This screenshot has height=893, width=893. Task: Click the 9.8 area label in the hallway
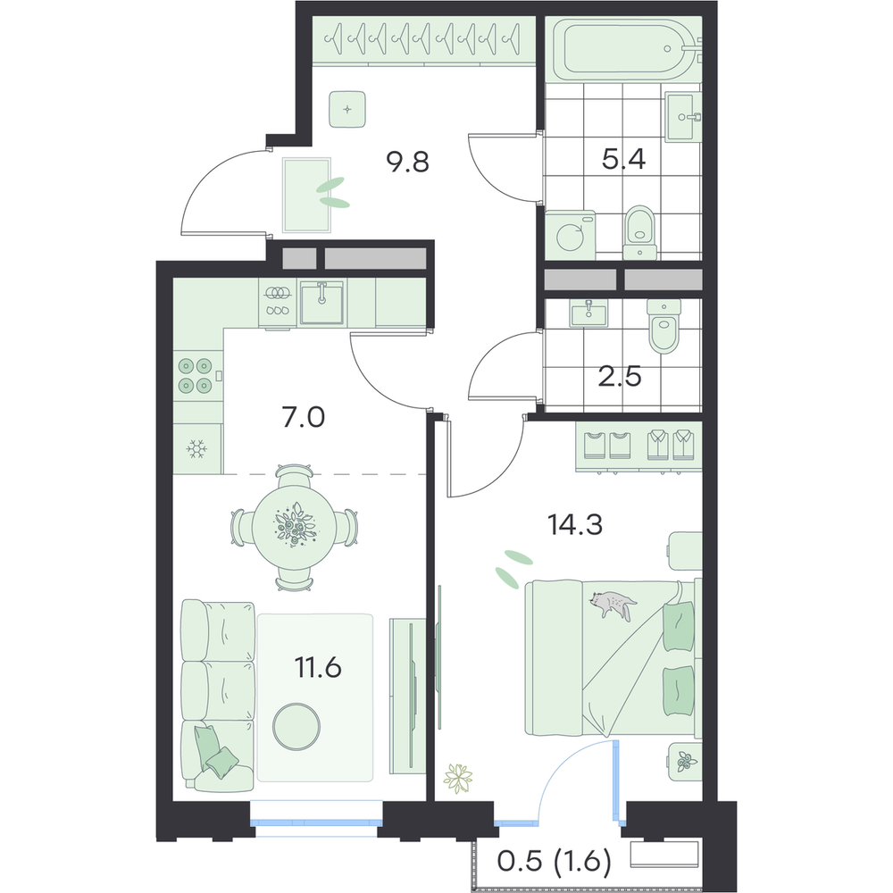click(407, 163)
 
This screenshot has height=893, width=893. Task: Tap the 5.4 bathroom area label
click(623, 160)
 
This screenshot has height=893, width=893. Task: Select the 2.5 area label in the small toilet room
click(620, 377)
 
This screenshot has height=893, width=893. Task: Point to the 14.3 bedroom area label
click(574, 524)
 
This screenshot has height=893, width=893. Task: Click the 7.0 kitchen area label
click(303, 417)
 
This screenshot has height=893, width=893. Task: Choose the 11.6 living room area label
click(318, 667)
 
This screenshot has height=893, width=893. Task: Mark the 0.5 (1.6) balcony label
click(555, 862)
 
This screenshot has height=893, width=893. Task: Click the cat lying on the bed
click(613, 605)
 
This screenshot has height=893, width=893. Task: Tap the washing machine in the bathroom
click(570, 236)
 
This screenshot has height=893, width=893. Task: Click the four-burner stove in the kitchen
click(196, 375)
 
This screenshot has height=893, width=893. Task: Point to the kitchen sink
click(322, 303)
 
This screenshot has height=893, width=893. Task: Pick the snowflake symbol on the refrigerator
click(196, 449)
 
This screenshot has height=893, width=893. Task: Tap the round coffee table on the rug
click(296, 726)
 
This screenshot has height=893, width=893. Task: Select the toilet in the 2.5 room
click(664, 327)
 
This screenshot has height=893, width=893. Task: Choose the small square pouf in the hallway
click(347, 110)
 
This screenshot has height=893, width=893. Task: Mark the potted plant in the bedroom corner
click(458, 778)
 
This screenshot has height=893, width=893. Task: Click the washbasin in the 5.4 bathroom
click(683, 118)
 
